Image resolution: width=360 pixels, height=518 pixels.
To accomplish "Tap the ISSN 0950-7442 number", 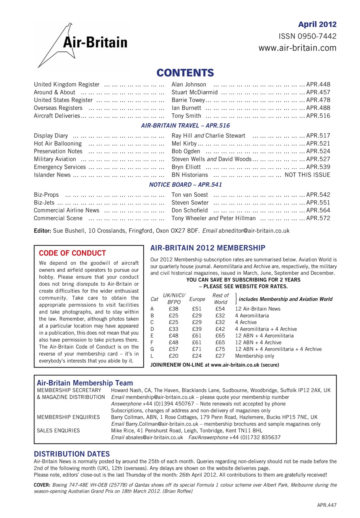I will pos(308,36).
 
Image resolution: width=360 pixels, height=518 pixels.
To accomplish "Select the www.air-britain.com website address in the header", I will pos(298,48).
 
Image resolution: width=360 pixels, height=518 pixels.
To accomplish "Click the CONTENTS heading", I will pos(185,73).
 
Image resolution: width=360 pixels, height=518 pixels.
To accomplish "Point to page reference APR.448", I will pos(318,85).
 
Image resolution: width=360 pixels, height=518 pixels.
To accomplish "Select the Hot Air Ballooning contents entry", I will pos(58,143).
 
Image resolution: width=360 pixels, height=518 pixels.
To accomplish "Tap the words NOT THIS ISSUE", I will pos(307,175).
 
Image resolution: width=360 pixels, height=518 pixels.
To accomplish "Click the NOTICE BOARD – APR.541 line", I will pos(185,185).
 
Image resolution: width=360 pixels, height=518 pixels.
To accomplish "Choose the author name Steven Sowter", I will pos(190,202).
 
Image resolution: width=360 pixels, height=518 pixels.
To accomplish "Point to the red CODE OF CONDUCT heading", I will pos(72,253).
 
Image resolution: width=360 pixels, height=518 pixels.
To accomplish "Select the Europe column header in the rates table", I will pos(197,299).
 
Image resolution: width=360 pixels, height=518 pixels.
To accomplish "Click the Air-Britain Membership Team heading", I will pos(85,382).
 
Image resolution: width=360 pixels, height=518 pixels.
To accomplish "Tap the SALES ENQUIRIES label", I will pos(58,431).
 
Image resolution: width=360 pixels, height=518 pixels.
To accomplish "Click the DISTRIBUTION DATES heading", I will pos(72,454).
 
